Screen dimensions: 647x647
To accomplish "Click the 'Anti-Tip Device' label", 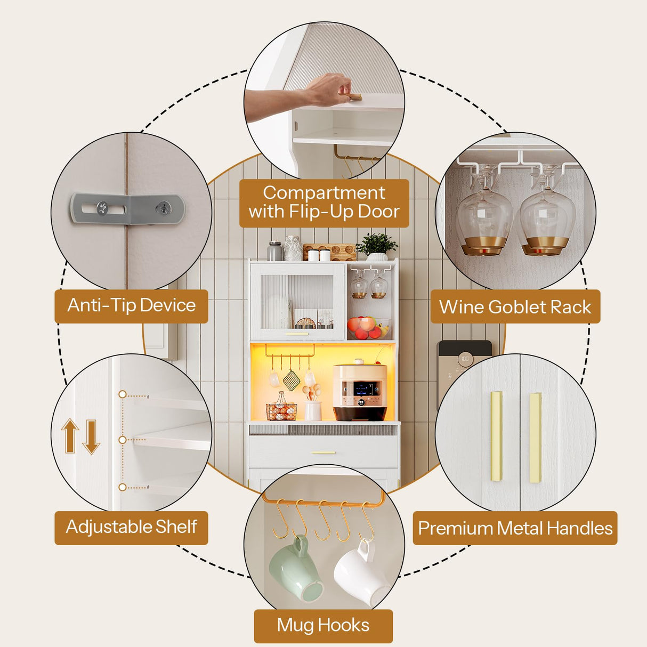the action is [x=131, y=306].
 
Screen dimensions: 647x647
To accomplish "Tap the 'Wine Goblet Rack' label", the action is [x=515, y=306].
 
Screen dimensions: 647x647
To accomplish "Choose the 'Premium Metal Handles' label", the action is [x=515, y=528].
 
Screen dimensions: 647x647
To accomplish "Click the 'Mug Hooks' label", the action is [x=323, y=625].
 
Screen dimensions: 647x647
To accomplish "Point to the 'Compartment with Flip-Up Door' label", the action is [x=324, y=203].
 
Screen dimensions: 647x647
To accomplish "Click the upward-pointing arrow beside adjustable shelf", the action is [x=70, y=435].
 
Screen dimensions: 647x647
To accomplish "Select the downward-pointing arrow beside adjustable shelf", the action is [x=91, y=437].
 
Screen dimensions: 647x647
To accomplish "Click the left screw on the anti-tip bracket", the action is [x=102, y=208].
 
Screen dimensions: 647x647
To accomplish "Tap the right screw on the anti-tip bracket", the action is [x=164, y=208].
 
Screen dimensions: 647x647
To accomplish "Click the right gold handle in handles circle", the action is [x=536, y=438].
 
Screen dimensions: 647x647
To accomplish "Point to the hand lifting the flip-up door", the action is [x=331, y=88].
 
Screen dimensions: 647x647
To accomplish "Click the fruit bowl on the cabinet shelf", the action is [x=369, y=328].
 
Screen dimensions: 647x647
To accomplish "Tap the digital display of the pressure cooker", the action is [x=363, y=390].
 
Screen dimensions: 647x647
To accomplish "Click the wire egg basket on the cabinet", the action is [x=281, y=407].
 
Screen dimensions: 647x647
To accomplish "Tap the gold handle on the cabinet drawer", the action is [x=323, y=452].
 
